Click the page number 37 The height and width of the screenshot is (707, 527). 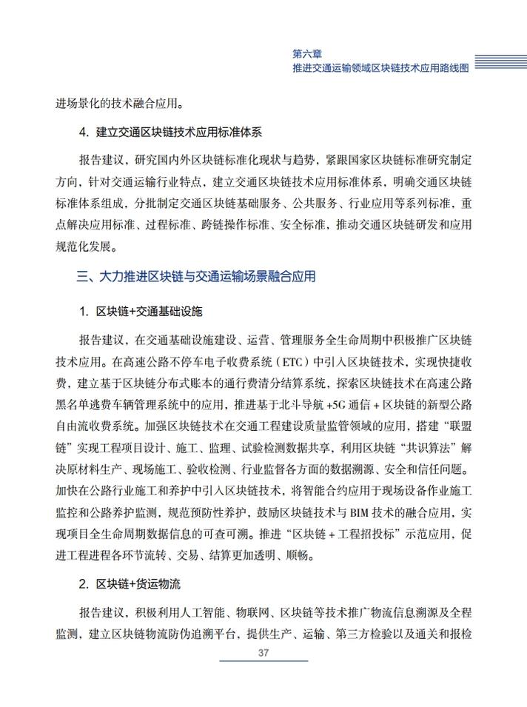tap(263, 652)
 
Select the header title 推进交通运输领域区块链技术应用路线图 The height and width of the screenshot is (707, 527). tap(380, 67)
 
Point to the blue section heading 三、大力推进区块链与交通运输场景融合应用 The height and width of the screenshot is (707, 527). tap(196, 277)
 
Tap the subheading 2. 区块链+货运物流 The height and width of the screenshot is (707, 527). tap(130, 584)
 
